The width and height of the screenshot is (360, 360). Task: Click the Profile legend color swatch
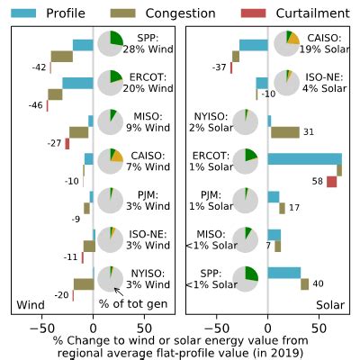click(x=24, y=13)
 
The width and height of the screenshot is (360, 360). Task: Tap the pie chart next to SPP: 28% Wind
click(x=110, y=44)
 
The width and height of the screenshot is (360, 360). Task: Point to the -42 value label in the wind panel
click(x=38, y=67)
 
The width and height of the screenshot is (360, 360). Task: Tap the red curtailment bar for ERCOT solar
click(x=331, y=182)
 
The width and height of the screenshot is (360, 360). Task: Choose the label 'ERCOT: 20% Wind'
click(x=141, y=83)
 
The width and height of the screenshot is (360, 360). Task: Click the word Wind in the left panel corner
click(x=31, y=304)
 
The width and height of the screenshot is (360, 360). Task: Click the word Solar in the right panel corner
click(x=331, y=304)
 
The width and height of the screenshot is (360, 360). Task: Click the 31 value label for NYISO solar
click(x=307, y=132)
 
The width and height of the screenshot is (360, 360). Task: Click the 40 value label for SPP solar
click(x=318, y=284)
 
